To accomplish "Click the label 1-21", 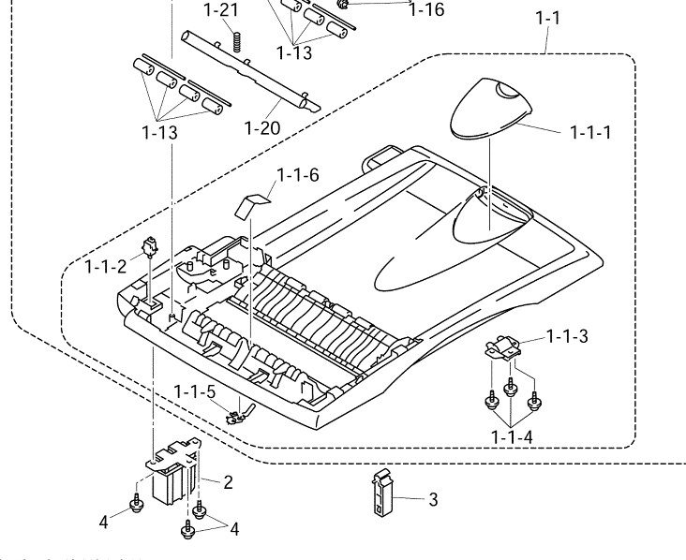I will (x=222, y=11).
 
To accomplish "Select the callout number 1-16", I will (x=426, y=10).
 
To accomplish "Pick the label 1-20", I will (x=262, y=127).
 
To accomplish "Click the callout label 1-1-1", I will (x=591, y=132).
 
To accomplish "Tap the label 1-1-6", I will (x=298, y=174).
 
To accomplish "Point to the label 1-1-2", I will (x=105, y=266).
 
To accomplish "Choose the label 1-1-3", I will (x=565, y=336).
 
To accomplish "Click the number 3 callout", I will (x=433, y=500).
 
